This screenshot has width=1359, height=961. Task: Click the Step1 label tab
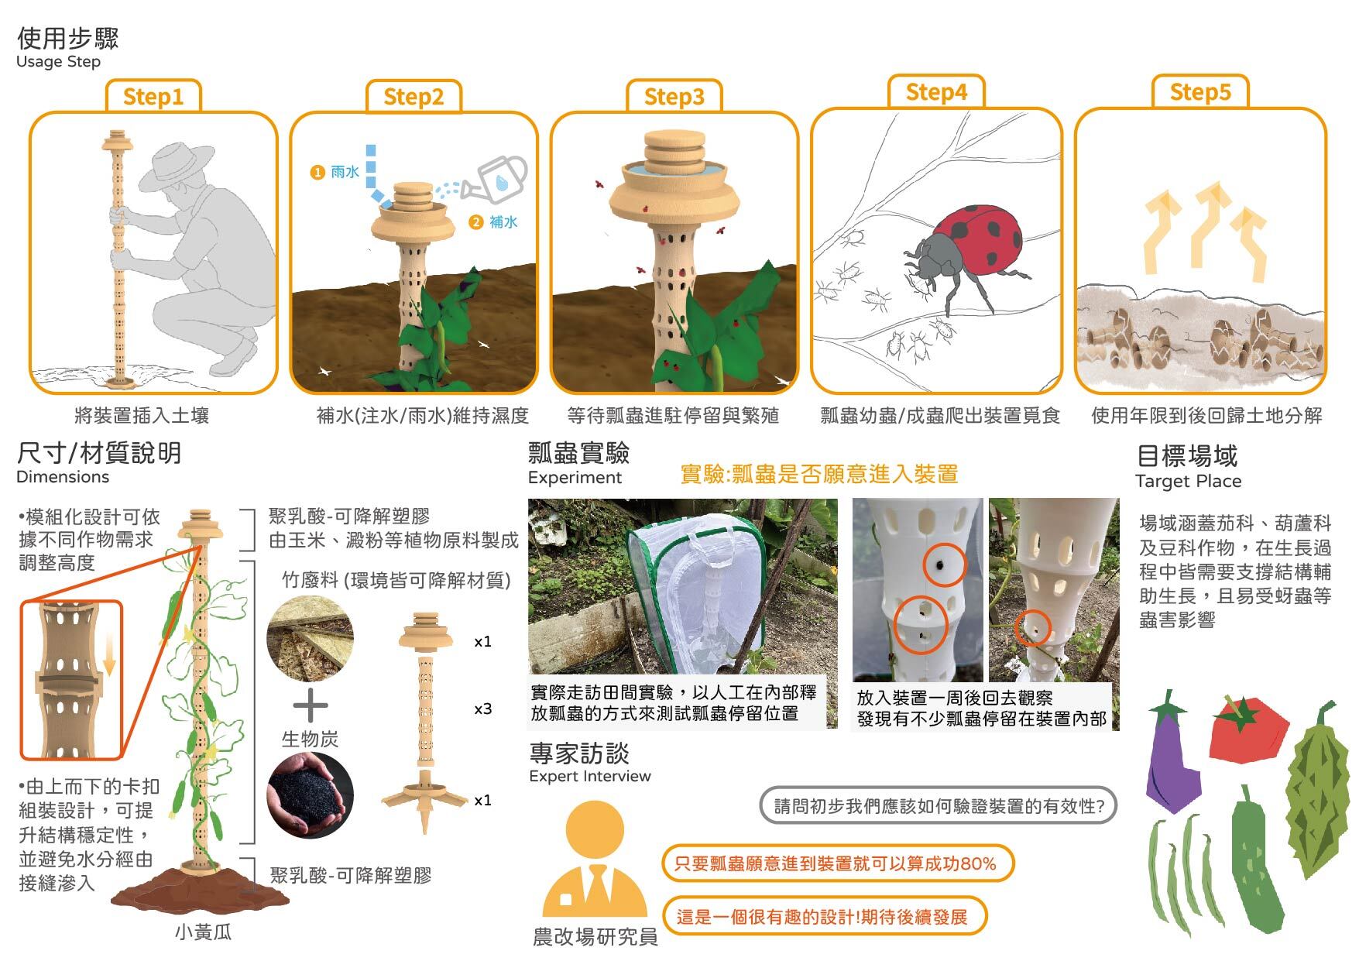(x=153, y=96)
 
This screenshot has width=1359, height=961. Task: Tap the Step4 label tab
(x=936, y=91)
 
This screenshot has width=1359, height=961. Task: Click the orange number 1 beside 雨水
(x=317, y=172)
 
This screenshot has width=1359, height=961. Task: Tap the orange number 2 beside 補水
(x=475, y=222)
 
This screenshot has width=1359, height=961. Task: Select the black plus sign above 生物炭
(x=311, y=705)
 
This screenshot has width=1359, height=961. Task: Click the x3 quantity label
(x=482, y=709)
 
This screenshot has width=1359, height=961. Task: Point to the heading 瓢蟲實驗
(x=578, y=453)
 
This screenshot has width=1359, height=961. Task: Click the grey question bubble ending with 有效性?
(x=938, y=806)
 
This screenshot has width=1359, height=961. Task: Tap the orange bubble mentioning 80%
(x=836, y=863)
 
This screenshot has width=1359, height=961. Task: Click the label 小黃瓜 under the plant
(x=203, y=932)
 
